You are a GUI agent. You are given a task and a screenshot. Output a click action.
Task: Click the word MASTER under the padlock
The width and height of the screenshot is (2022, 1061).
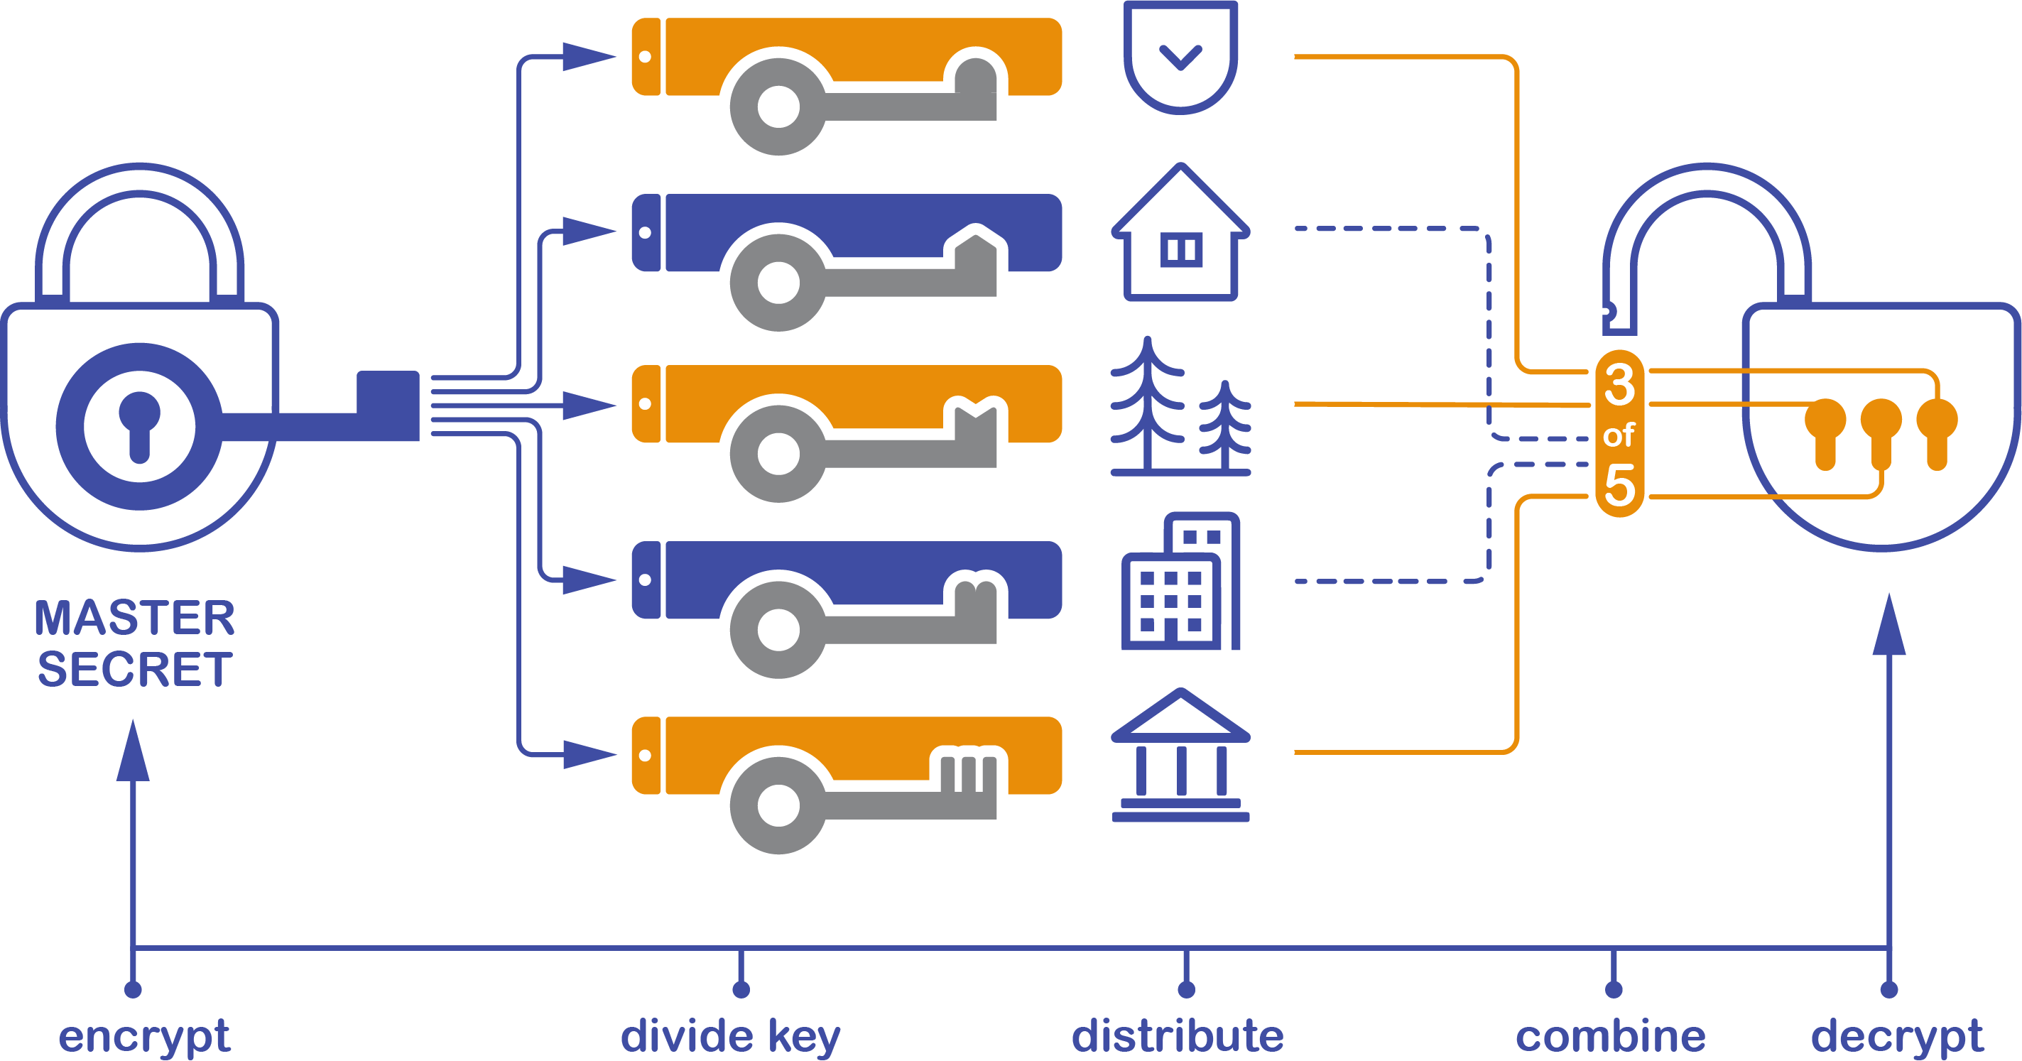(134, 619)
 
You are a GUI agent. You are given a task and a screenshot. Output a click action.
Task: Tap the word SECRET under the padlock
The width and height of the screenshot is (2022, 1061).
(134, 670)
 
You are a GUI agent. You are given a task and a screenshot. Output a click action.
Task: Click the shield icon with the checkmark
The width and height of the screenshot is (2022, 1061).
(1180, 57)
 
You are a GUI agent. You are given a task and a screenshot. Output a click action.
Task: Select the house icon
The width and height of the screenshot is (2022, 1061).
(1180, 236)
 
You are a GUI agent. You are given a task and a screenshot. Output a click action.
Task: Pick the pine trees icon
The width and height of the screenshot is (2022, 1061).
(1180, 408)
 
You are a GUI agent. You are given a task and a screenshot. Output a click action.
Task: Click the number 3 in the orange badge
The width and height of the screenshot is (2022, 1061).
(1619, 384)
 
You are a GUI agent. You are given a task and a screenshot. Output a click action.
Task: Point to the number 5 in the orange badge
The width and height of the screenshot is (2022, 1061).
(1619, 485)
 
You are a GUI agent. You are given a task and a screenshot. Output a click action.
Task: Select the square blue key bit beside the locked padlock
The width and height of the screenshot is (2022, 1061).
(388, 406)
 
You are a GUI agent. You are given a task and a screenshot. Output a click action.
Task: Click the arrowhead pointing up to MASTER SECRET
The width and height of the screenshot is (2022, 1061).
(133, 752)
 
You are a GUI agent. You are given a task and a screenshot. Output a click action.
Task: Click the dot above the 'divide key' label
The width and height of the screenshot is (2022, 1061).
(741, 989)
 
